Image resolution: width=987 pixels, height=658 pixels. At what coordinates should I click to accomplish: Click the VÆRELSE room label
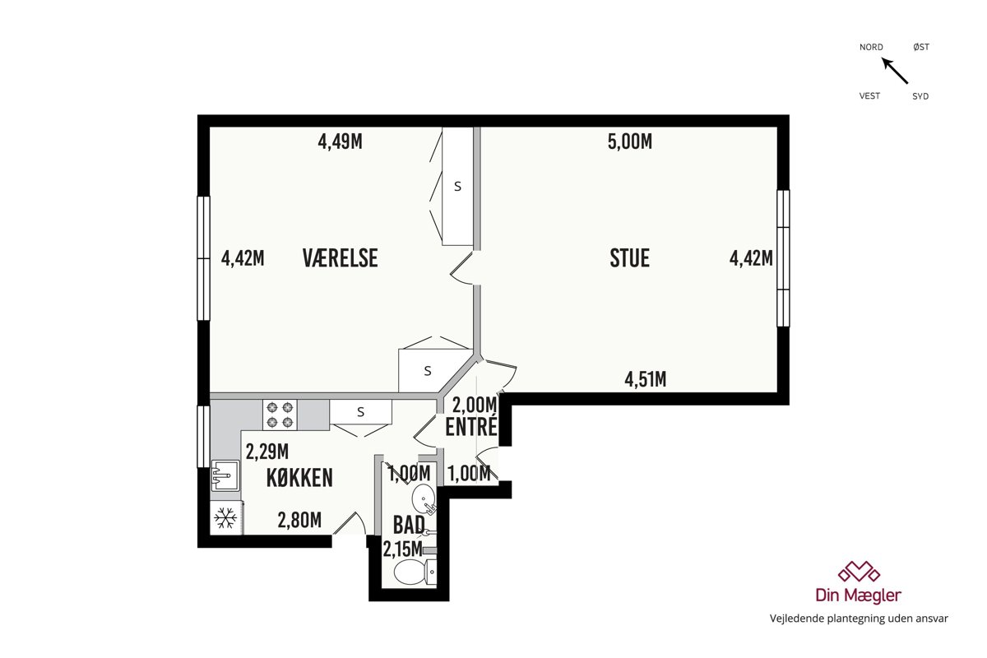pyautogui.click(x=341, y=258)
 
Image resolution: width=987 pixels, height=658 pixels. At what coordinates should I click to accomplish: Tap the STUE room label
pyautogui.click(x=630, y=258)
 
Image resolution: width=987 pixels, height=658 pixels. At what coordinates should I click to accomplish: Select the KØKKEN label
pyautogui.click(x=299, y=478)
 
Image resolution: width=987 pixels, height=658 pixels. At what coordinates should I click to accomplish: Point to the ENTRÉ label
pyautogui.click(x=471, y=427)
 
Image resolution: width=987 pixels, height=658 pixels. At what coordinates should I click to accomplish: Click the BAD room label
pyautogui.click(x=409, y=525)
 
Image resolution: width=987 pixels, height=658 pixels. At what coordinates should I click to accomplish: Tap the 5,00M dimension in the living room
pyautogui.click(x=630, y=142)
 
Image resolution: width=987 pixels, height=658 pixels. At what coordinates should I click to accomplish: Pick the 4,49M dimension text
pyautogui.click(x=341, y=142)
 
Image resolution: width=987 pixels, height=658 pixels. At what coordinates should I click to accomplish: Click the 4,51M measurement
pyautogui.click(x=646, y=379)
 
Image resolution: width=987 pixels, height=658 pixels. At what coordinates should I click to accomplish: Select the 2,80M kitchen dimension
pyautogui.click(x=299, y=520)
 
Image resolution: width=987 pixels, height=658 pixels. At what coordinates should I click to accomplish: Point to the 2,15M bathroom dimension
pyautogui.click(x=403, y=549)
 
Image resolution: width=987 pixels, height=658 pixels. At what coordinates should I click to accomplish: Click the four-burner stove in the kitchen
pyautogui.click(x=280, y=415)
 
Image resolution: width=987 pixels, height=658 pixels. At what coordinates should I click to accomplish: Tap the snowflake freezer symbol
pyautogui.click(x=225, y=518)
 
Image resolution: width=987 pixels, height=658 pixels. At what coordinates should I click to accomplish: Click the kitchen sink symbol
pyautogui.click(x=225, y=475)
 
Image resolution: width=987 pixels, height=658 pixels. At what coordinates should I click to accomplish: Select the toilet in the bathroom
pyautogui.click(x=415, y=572)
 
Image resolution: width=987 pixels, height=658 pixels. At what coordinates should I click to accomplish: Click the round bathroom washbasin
pyautogui.click(x=424, y=498)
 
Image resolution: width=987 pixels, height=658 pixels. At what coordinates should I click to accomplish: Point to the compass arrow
pyautogui.click(x=895, y=71)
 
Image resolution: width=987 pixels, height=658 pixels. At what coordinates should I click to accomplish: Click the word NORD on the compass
pyautogui.click(x=871, y=47)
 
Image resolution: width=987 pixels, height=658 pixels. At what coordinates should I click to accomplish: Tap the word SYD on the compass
pyautogui.click(x=920, y=96)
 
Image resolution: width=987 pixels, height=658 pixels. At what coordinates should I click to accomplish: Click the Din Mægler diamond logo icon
pyautogui.click(x=859, y=572)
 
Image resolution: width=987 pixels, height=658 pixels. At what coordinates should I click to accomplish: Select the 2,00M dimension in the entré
pyautogui.click(x=475, y=405)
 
